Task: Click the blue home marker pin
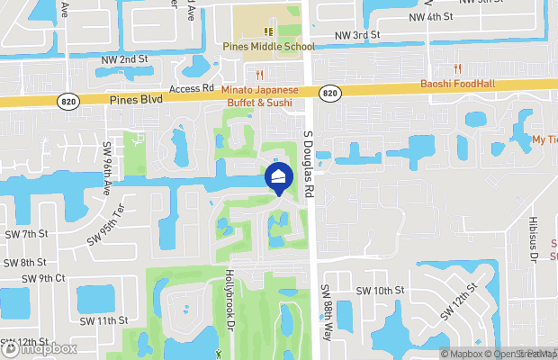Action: pos(278,178)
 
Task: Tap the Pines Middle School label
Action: pos(270,47)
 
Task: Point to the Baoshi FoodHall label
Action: pos(459,85)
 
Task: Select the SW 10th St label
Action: pos(382,291)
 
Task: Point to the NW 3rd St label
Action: pos(358,35)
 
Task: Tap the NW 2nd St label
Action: pos(124,59)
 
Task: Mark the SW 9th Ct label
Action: pos(48,278)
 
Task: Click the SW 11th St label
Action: pos(103,319)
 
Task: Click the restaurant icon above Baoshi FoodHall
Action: pos(457,68)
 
